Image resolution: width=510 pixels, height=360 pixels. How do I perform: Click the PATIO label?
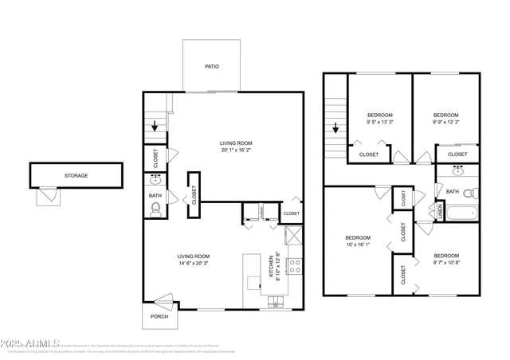click(211, 67)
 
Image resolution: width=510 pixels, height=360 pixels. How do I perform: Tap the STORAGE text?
click(76, 175)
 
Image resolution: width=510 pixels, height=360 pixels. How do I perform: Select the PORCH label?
click(159, 315)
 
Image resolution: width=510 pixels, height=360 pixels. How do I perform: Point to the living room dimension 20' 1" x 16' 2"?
click(236, 150)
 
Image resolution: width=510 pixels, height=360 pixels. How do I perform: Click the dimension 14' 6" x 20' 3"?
click(193, 262)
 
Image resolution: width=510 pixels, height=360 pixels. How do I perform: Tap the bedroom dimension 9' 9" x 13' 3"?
click(446, 122)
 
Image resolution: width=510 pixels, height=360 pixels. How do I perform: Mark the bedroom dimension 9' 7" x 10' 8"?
click(447, 262)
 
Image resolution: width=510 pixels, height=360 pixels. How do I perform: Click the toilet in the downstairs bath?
click(156, 209)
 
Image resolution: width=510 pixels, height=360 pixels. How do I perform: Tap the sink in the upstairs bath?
click(458, 171)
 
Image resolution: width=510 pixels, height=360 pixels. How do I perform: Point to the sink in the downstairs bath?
click(155, 180)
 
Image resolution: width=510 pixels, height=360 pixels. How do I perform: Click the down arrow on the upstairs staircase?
click(335, 127)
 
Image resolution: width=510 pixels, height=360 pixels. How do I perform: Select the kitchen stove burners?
click(294, 265)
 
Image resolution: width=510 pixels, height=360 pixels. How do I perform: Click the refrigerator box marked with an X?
click(293, 235)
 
